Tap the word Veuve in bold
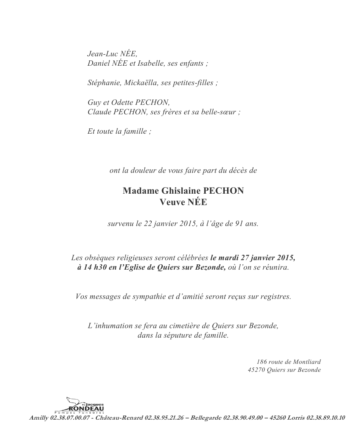172,202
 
